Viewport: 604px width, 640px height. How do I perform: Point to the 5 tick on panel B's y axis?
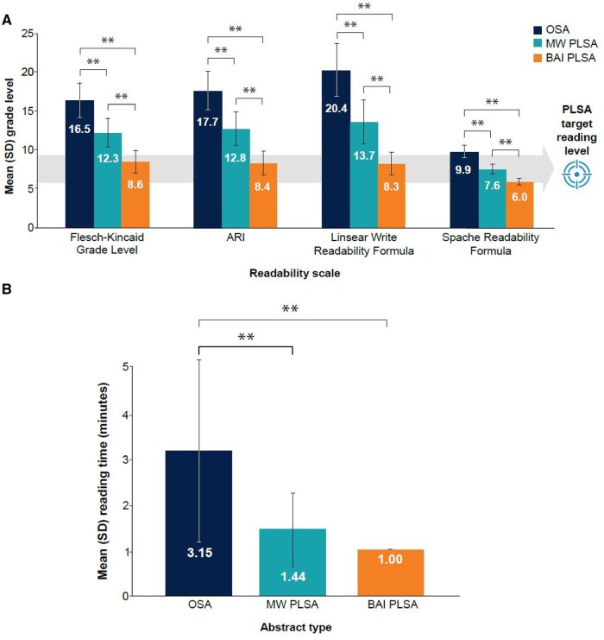click(x=126, y=367)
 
